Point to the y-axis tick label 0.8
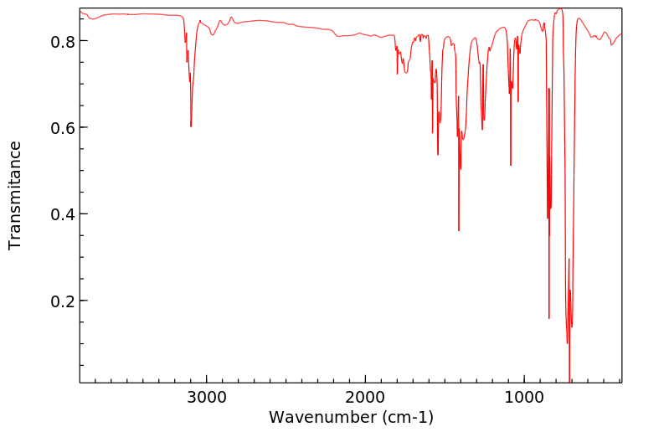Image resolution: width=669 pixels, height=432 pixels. point(64,41)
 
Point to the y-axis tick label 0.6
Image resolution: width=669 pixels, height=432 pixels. point(64,128)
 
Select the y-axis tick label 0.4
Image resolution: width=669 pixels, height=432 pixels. point(64,214)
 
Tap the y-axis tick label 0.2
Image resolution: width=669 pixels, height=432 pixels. point(64,301)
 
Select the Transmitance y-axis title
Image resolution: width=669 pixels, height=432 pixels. point(15,195)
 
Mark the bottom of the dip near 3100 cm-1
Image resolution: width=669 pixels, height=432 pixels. point(191,126)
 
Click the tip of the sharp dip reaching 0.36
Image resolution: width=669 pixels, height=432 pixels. point(459,231)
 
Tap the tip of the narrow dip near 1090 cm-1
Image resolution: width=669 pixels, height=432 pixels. point(511,166)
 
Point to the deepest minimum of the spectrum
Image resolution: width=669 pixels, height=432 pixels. point(569,381)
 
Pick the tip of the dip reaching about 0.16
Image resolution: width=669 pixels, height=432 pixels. point(549,318)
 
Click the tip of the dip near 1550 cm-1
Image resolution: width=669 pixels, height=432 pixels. point(438,155)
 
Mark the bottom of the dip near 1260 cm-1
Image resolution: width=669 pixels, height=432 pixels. point(482,130)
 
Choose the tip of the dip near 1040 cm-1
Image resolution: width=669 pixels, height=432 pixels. point(518,102)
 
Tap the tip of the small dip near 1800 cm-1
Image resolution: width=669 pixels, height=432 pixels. point(398,75)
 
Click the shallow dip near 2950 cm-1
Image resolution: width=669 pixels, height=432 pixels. point(213,35)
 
